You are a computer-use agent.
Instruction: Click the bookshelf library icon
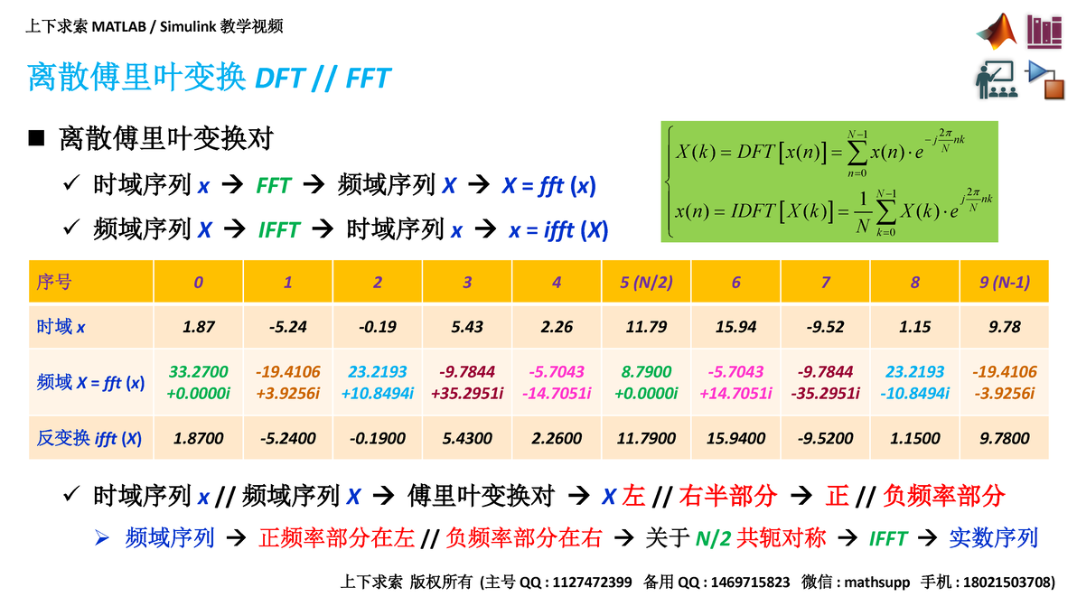point(1044,32)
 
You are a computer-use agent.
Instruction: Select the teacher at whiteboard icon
point(997,79)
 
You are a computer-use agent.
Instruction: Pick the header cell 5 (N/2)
point(646,283)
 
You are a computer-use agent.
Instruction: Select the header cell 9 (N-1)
point(1004,283)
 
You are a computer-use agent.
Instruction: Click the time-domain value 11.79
point(646,327)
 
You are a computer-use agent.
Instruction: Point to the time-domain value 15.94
point(735,327)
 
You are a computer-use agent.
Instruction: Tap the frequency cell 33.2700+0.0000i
point(198,382)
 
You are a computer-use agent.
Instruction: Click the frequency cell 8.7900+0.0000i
point(646,382)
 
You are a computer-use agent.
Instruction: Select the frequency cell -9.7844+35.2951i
point(467,382)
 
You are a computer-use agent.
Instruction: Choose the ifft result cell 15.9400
point(735,439)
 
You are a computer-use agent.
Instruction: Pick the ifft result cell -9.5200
point(825,439)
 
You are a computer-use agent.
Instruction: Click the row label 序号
point(54,283)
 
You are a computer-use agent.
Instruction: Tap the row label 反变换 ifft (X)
point(89,439)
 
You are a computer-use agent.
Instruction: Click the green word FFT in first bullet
point(273,186)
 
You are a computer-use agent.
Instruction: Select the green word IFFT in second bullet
point(278,230)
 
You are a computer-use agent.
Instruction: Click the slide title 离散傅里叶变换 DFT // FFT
point(209,78)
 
